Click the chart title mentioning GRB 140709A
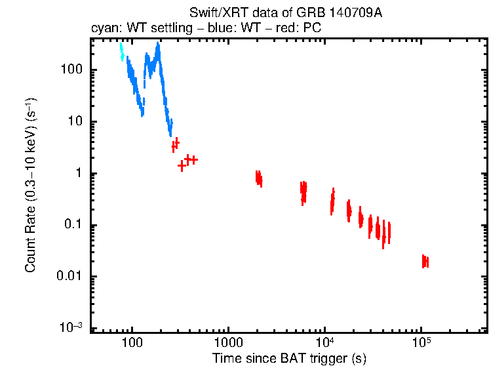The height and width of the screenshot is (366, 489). click(x=285, y=13)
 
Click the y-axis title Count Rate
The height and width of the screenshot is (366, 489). click(x=30, y=186)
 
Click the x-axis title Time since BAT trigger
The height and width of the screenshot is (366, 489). click(x=289, y=358)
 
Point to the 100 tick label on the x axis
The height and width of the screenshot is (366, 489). click(x=132, y=342)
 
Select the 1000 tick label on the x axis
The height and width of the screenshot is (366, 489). click(x=228, y=342)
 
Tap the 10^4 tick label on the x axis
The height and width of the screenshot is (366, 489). click(x=324, y=342)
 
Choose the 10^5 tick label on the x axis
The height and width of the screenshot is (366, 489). click(x=421, y=342)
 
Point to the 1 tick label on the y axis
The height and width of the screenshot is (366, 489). click(x=77, y=174)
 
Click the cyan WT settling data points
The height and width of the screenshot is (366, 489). click(x=122, y=52)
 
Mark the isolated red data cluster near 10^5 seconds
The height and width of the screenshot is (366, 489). click(x=425, y=261)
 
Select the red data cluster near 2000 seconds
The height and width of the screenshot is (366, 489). click(x=259, y=178)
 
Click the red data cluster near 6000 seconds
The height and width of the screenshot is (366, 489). click(x=303, y=191)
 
